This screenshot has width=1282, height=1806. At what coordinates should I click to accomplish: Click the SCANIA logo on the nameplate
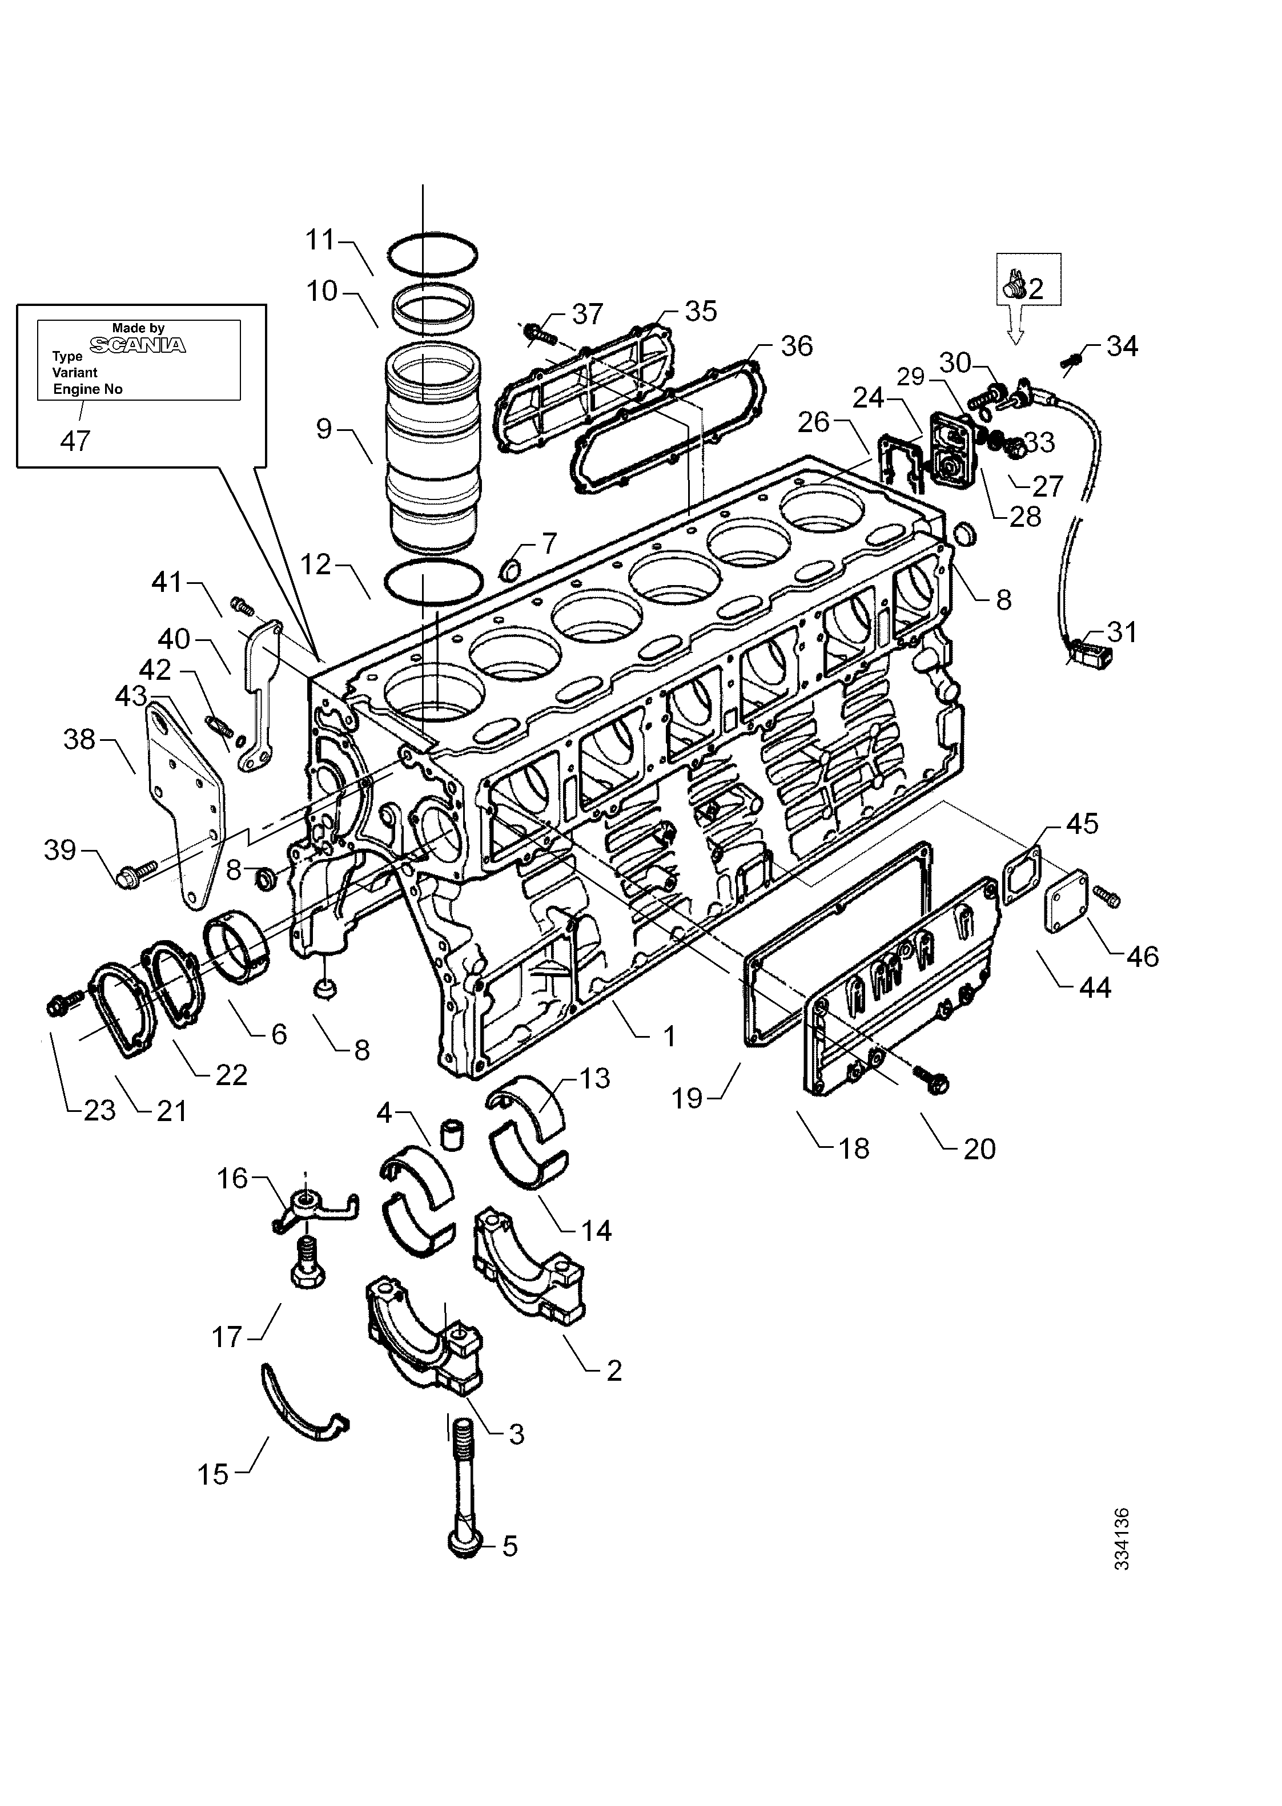click(138, 345)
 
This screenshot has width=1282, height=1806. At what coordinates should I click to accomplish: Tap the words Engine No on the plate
click(87, 389)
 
